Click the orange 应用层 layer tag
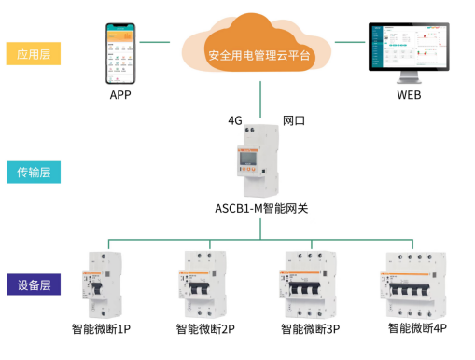pos(34,54)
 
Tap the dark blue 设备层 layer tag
pos(34,285)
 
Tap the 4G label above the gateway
pos(235,121)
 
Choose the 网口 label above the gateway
pos(295,121)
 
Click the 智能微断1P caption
pos(101,329)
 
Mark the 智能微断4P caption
pos(416,328)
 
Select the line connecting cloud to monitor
pos(350,41)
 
